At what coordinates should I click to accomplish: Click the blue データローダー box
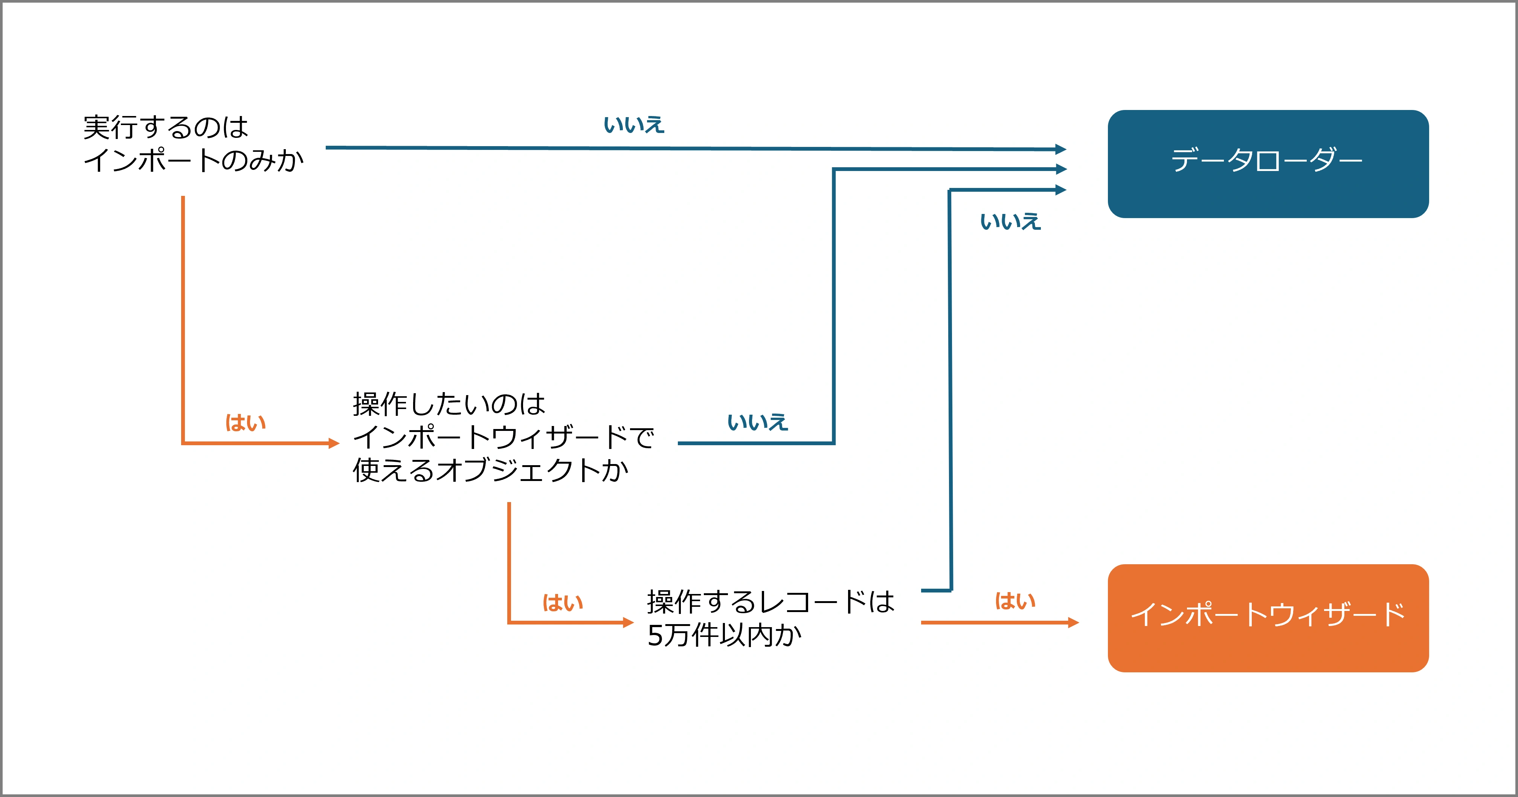(x=1268, y=164)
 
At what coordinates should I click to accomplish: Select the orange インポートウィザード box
(x=1268, y=618)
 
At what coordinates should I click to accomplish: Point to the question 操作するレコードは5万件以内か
(x=771, y=618)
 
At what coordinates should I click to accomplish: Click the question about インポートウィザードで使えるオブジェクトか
(x=503, y=437)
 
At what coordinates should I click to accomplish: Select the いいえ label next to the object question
(x=758, y=422)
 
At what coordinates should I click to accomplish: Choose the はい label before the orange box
(x=1015, y=601)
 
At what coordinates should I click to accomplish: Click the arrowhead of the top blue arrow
(x=1061, y=149)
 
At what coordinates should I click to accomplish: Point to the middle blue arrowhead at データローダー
(x=1061, y=169)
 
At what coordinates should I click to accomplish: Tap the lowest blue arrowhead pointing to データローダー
(x=1061, y=190)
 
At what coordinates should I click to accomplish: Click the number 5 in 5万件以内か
(x=655, y=635)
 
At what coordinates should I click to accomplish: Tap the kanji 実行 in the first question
(x=110, y=127)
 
